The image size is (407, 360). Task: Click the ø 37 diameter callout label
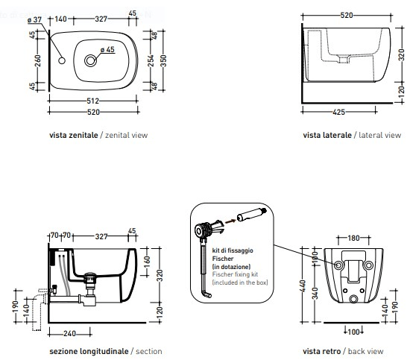point(34,19)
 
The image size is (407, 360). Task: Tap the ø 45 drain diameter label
point(107,49)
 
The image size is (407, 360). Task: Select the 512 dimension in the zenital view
point(93,101)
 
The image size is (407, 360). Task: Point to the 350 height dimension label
point(163,60)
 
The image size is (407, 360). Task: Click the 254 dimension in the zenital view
point(151,60)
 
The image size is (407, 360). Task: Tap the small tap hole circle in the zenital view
point(62,60)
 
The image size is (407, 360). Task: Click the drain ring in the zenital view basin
point(90,60)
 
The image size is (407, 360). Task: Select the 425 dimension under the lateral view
point(338,112)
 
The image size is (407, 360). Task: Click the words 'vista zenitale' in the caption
point(74,135)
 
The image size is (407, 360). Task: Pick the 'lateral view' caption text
point(379,135)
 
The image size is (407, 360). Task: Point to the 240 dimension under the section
point(69,333)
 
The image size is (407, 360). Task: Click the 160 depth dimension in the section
point(147,262)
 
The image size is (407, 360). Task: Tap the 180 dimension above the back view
point(353,238)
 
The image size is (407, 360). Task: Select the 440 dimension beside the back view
point(303,285)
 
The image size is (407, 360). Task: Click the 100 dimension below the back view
point(353,332)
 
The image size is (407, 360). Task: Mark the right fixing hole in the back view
point(368,265)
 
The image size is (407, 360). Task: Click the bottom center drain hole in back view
point(353,299)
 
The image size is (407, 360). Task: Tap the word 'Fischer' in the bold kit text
point(223,259)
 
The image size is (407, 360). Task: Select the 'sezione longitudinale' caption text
point(89,351)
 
